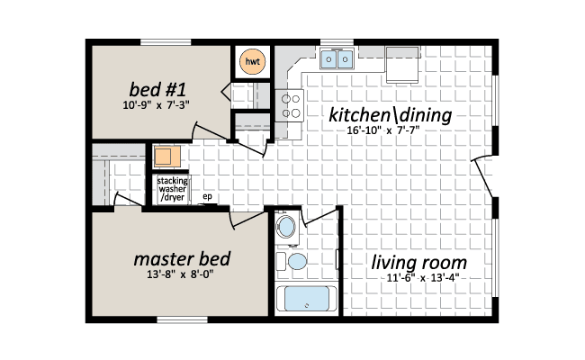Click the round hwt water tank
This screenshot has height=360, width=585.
tap(252, 61)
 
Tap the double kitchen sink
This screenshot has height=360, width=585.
tap(337, 58)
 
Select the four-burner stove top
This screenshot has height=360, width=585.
tap(290, 105)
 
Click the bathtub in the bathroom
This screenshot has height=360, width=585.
tap(306, 299)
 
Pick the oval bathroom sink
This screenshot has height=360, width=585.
tap(286, 227)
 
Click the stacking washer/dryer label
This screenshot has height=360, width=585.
tap(172, 189)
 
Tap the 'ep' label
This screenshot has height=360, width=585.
tap(207, 196)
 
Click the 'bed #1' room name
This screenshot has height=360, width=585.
tap(157, 89)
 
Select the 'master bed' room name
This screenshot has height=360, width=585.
tap(182, 259)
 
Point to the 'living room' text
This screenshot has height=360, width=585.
tap(418, 262)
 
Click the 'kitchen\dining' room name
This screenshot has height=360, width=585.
tap(390, 114)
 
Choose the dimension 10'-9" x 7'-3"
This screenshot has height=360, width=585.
tap(156, 105)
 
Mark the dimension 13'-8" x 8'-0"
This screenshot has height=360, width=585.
tap(180, 274)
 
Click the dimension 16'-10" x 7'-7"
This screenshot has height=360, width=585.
tap(383, 130)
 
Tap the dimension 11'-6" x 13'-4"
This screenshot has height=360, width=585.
tap(422, 278)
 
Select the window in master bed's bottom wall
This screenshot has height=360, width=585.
tap(182, 319)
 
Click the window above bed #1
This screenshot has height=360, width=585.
tap(166, 42)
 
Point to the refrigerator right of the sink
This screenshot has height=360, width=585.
tap(402, 65)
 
